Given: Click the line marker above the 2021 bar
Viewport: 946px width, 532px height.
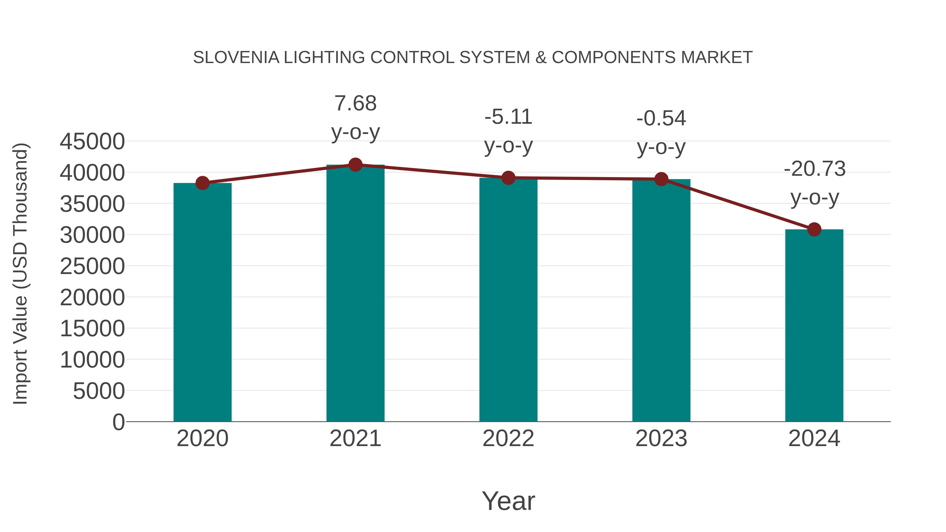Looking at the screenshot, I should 355,165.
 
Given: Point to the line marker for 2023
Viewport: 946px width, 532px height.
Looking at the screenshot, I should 661,179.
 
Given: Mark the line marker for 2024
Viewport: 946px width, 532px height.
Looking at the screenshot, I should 814,229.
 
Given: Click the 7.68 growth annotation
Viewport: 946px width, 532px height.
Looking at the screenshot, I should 355,103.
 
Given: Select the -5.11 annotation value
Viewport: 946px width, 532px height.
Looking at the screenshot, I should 508,117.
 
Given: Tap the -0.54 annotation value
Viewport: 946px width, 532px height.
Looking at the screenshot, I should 661,118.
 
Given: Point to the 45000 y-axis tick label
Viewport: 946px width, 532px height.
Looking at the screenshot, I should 92,142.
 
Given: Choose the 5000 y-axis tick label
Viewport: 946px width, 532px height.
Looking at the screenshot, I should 99,391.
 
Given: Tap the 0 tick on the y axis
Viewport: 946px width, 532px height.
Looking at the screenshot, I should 119,422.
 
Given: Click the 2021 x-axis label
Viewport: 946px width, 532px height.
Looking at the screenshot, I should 355,438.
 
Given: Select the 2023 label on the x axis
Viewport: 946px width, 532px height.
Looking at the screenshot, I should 661,438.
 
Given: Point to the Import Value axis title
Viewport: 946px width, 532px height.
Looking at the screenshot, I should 20,273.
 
